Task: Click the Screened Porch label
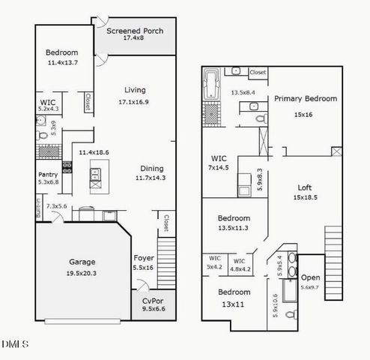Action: pyautogui.click(x=135, y=31)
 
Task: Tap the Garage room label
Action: pyautogui.click(x=82, y=262)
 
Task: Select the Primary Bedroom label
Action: pyautogui.click(x=305, y=98)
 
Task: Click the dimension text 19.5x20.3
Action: pyautogui.click(x=82, y=273)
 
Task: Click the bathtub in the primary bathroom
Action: pyautogui.click(x=211, y=84)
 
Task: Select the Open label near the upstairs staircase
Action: pyautogui.click(x=310, y=277)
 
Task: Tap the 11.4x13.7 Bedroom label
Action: pyautogui.click(x=61, y=52)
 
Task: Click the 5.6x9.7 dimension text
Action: pyautogui.click(x=310, y=287)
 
